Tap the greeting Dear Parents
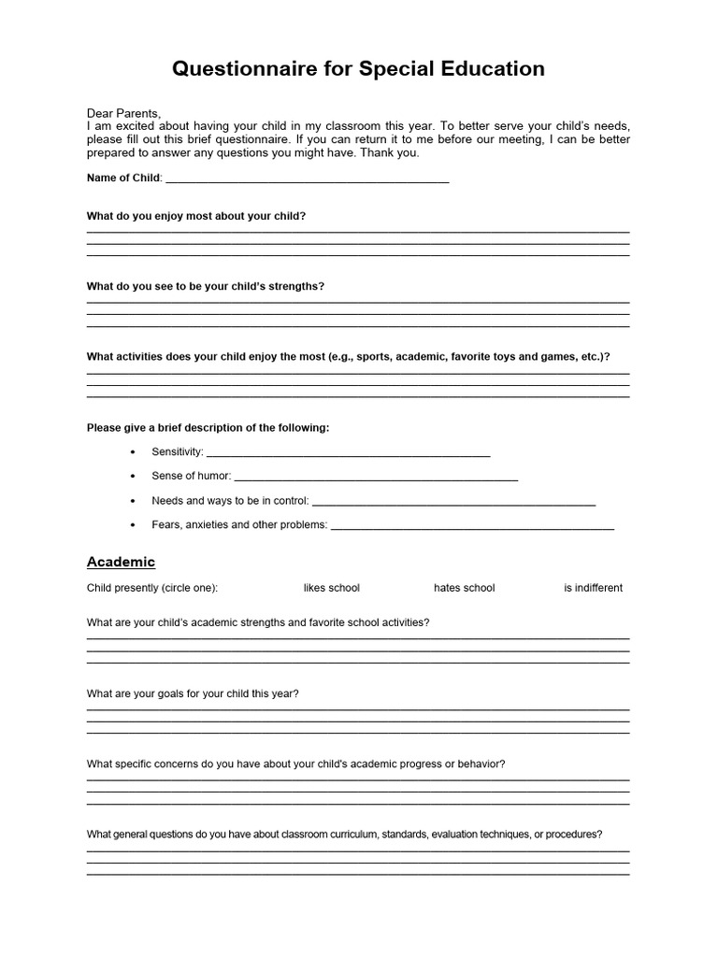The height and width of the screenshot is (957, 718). pos(124,113)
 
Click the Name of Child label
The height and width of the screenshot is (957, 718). pos(123,178)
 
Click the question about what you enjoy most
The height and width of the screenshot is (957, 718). pos(196,216)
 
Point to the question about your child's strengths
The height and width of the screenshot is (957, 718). pos(206,286)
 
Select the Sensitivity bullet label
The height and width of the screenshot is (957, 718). pos(177,451)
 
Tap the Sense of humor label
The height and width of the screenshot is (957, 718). pos(191,476)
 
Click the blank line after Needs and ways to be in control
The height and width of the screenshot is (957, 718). pos(453,502)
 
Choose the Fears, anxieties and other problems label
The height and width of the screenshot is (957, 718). pos(239,525)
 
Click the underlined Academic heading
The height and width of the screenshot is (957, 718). pos(121,562)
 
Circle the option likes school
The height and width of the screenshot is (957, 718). pos(331,588)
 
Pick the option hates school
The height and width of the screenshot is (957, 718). pos(464,588)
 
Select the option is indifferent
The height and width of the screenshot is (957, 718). pos(593,588)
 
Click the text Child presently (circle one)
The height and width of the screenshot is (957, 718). pos(152,588)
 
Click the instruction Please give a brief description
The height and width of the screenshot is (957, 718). pos(208,428)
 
